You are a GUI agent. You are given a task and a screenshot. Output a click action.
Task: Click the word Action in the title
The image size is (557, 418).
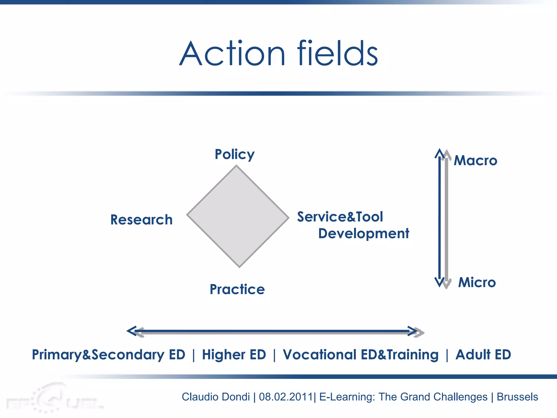click(233, 54)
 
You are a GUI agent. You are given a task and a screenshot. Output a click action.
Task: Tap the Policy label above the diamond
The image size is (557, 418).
click(235, 155)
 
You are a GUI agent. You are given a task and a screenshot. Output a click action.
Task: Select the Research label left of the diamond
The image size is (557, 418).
click(141, 220)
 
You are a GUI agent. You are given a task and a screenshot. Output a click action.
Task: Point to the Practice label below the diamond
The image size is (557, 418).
click(237, 289)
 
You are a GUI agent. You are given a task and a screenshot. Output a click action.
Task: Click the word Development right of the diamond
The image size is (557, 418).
click(364, 233)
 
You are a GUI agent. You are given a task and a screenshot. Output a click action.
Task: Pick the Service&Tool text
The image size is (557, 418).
click(340, 217)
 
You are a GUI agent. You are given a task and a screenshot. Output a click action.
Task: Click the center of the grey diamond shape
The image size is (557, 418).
click(238, 216)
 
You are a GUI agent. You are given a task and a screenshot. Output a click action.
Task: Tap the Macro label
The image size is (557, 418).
click(476, 161)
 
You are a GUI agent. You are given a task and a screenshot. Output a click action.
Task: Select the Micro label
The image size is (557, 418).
click(477, 282)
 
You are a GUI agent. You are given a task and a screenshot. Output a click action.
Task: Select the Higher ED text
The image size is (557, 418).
click(234, 355)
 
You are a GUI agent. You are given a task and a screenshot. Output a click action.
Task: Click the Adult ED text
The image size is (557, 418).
click(483, 355)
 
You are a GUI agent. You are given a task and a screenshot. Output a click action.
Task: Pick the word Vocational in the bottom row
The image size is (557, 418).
click(320, 355)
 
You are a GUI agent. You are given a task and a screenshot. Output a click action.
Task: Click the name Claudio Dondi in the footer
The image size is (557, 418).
click(216, 397)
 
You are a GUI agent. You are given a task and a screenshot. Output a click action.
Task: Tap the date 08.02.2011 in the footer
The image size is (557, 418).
click(286, 397)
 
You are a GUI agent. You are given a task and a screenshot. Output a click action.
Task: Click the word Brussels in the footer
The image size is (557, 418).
click(517, 397)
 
